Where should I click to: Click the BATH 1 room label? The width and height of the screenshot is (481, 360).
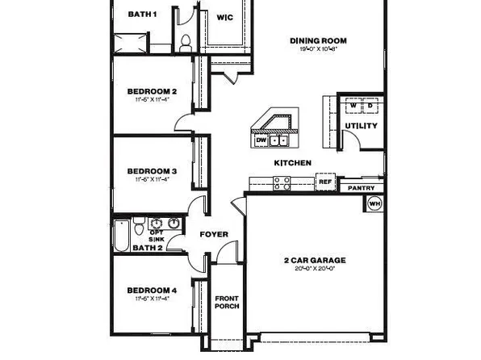pyautogui.click(x=142, y=15)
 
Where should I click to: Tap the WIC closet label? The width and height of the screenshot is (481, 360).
pyautogui.click(x=225, y=17)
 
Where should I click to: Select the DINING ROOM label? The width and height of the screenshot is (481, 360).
pyautogui.click(x=318, y=40)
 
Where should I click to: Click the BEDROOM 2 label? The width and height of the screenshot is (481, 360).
pyautogui.click(x=152, y=91)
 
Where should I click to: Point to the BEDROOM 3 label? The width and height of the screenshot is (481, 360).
pyautogui.click(x=152, y=171)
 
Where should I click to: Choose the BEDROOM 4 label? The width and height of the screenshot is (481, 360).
pyautogui.click(x=152, y=290)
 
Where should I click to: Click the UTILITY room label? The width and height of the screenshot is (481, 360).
pyautogui.click(x=360, y=126)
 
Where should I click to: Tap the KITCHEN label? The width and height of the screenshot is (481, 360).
pyautogui.click(x=292, y=163)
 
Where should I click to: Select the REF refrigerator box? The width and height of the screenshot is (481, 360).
pyautogui.click(x=325, y=182)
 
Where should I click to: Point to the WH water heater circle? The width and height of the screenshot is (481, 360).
pyautogui.click(x=374, y=204)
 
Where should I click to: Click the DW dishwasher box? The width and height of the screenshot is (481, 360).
pyautogui.click(x=261, y=140)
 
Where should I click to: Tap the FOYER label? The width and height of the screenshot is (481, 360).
pyautogui.click(x=214, y=235)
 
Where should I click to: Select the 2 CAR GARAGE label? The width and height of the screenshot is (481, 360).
pyautogui.click(x=314, y=260)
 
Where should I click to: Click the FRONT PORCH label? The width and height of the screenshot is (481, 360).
pyautogui.click(x=227, y=303)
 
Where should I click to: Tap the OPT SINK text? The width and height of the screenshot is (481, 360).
pyautogui.click(x=157, y=236)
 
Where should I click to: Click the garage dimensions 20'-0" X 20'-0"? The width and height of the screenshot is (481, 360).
pyautogui.click(x=314, y=269)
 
